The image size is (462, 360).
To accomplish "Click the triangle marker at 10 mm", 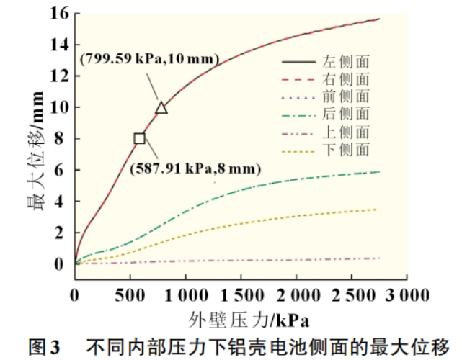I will click(161, 108).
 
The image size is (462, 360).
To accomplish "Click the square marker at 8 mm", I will click(139, 138).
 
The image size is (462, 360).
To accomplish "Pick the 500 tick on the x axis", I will click(130, 295).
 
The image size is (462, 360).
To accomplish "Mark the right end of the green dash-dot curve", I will click(378, 171).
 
